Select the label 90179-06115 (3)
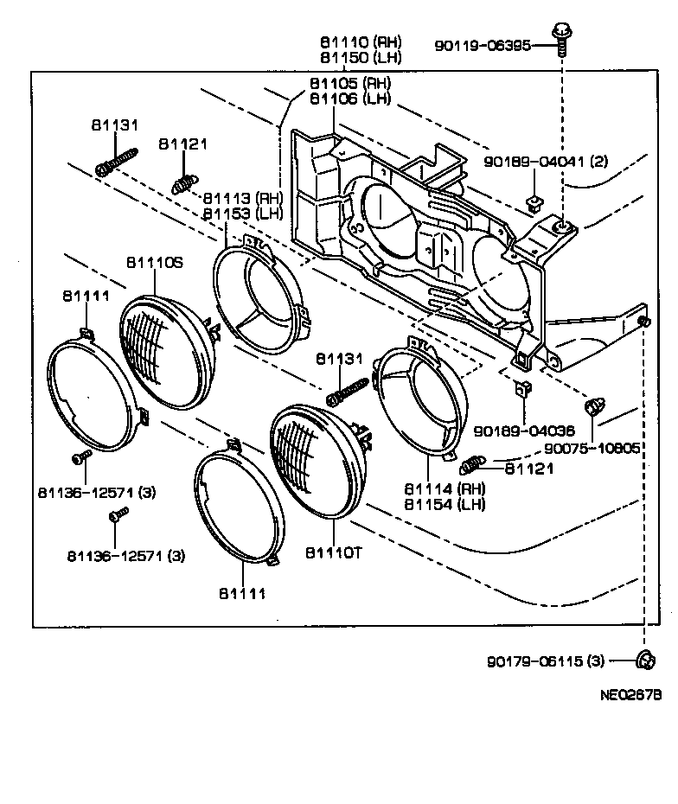coord(546,662)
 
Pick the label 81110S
coord(155,263)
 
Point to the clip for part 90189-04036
coord(521,389)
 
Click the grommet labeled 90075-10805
coord(593,406)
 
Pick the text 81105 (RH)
coord(350,84)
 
